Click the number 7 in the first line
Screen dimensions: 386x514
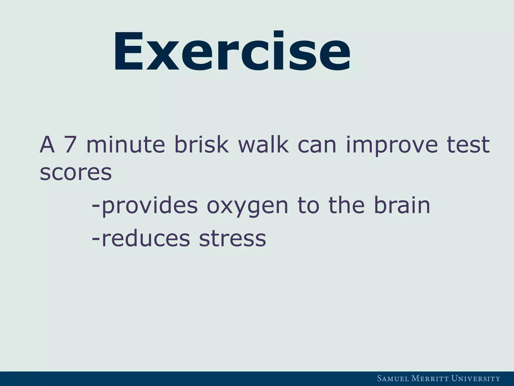[70, 145]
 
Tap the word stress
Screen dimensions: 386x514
[232, 239]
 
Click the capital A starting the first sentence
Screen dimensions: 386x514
[47, 145]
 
